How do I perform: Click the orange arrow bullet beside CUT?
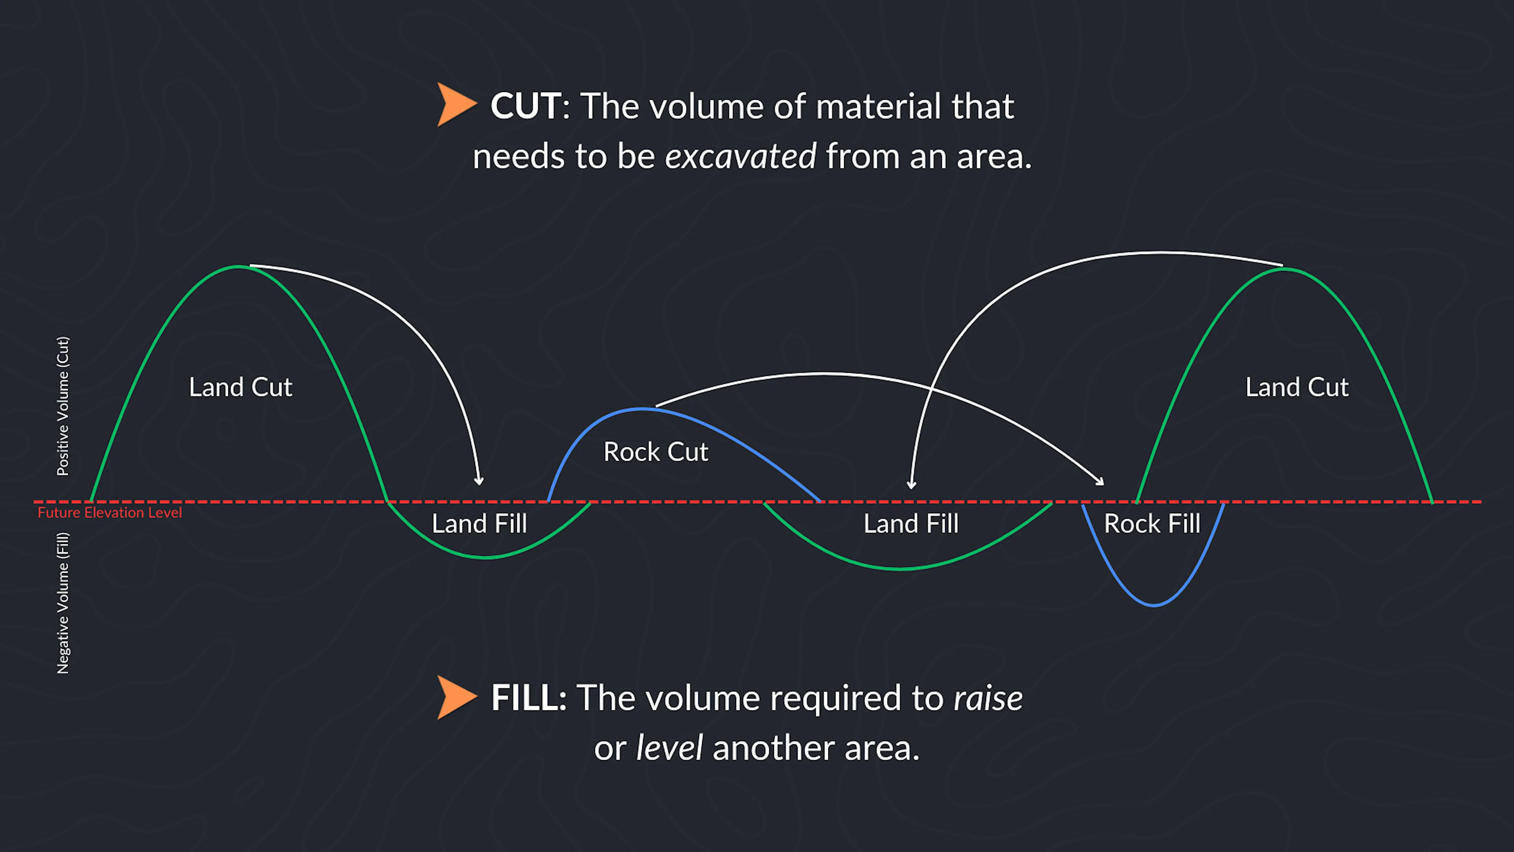455,105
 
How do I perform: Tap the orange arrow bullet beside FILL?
455,697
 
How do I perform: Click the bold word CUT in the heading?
525,106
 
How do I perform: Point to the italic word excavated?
740,157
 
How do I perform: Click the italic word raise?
987,699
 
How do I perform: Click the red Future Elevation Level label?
110,513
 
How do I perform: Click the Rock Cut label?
656,452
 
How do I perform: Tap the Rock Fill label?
1152,524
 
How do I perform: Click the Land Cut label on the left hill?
241,387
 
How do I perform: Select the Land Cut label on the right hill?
1297,387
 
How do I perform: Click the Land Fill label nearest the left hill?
479,524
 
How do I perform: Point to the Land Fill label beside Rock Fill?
911,524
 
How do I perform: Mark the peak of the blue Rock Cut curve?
642,409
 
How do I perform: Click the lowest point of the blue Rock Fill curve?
1154,605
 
